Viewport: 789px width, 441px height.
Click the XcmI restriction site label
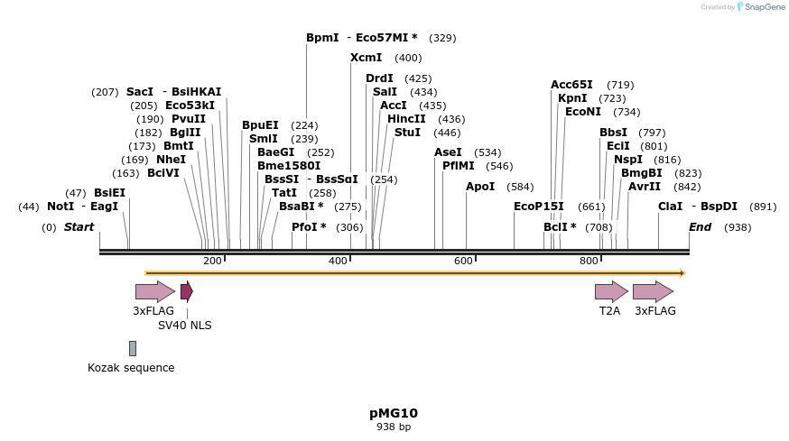[x=367, y=58]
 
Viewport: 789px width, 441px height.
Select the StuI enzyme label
[x=408, y=133]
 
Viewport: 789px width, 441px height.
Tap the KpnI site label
[x=572, y=98]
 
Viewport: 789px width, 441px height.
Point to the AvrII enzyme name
[x=645, y=187]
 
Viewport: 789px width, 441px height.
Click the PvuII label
[x=189, y=119]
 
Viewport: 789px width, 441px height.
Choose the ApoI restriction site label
[x=480, y=187]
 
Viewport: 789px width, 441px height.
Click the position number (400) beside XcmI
[x=408, y=58]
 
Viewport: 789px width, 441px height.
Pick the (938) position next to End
[x=738, y=227]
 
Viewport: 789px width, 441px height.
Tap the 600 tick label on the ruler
[x=464, y=261]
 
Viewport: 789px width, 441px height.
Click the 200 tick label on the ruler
[x=212, y=261]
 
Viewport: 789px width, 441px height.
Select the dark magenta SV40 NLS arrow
[x=187, y=291]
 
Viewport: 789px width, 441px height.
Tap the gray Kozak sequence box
[x=133, y=348]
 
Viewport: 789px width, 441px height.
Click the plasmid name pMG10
[x=394, y=413]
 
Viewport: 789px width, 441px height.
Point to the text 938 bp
[x=394, y=427]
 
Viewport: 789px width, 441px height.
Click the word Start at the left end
[x=79, y=227]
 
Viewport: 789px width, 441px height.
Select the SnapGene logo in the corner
[x=761, y=7]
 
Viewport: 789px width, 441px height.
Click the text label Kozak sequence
[x=131, y=368]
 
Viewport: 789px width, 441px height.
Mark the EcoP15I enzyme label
[x=539, y=207]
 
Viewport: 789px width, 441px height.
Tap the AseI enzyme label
[x=448, y=152]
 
